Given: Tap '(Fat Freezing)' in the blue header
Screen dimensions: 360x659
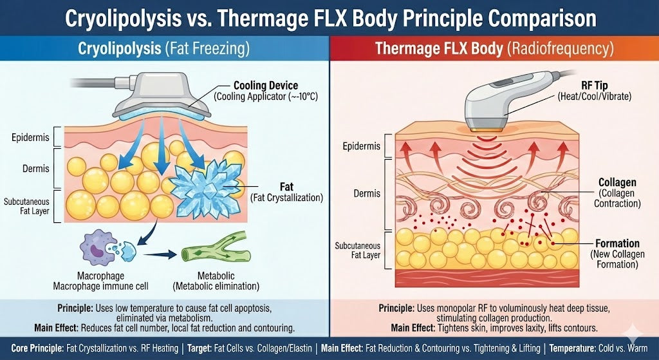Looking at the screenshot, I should click(209, 48).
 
